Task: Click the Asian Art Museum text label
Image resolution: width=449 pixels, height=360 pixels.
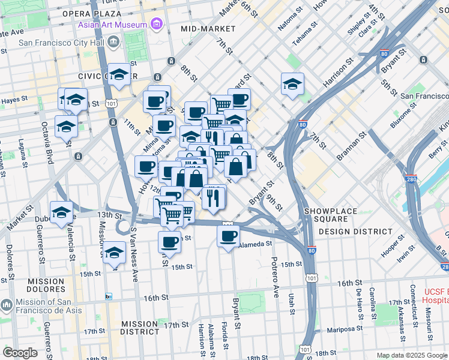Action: click(112, 25)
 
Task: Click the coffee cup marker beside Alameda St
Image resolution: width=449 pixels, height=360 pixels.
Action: click(228, 236)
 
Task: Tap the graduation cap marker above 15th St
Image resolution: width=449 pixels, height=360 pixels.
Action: click(114, 253)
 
